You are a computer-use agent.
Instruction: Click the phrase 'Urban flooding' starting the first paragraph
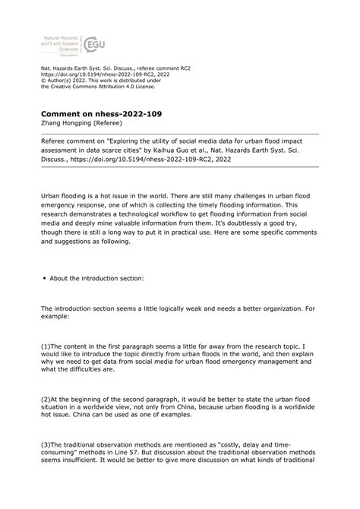click(x=63, y=195)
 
